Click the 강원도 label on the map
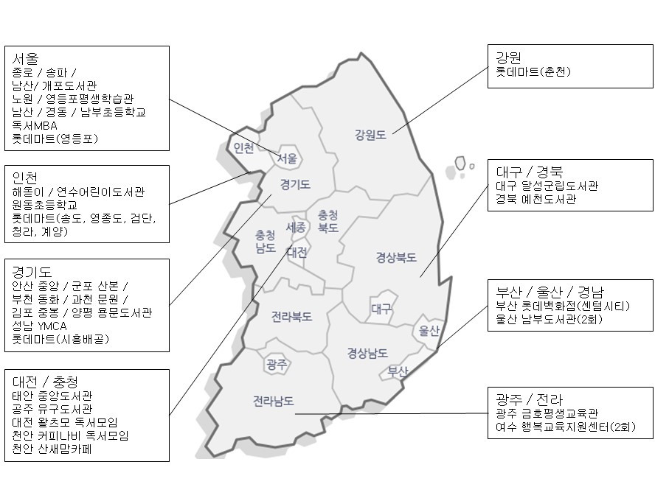[x=370, y=135]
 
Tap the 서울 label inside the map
[x=288, y=158]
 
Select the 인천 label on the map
[x=243, y=148]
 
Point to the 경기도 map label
[x=295, y=183]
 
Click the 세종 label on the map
[x=296, y=228]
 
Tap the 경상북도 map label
[x=396, y=258]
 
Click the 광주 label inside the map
[x=277, y=363]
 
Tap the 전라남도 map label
[x=273, y=402]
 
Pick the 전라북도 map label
[x=291, y=317]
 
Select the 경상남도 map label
[x=367, y=354]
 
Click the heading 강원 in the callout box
[x=510, y=57]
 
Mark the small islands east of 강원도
[x=462, y=165]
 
